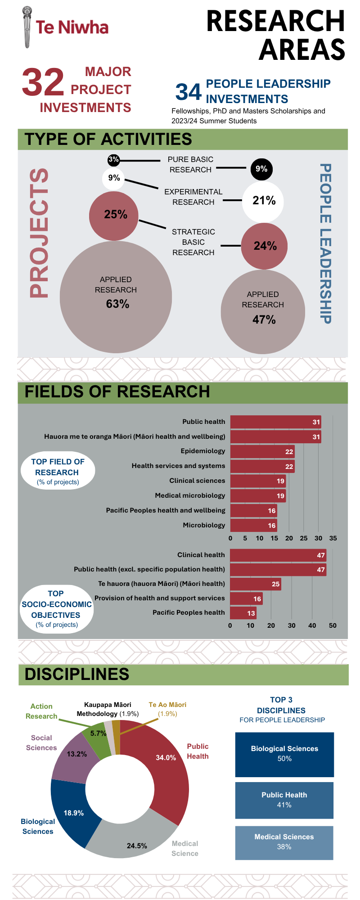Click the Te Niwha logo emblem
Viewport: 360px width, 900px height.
pos(27,27)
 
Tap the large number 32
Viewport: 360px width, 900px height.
pos(43,82)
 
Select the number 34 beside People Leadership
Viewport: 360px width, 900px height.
pos(188,92)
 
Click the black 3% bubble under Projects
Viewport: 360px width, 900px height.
pos(113,160)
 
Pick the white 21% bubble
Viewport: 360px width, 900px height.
pos(263,201)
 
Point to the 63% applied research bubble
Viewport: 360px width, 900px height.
pos(116,297)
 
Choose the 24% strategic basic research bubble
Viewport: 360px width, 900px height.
pos(264,246)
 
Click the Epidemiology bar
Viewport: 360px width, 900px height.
pos(262,451)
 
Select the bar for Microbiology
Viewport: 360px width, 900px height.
pos(253,525)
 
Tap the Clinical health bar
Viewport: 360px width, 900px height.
pos(278,555)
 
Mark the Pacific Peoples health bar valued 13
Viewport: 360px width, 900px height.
pos(243,613)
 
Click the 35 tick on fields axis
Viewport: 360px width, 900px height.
pos(333,538)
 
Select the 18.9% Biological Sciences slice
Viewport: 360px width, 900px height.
pos(72,812)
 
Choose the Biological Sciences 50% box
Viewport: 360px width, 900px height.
pos(284,755)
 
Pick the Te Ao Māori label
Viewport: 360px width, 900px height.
pos(167,705)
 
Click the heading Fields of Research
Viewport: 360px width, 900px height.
pos(117,392)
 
